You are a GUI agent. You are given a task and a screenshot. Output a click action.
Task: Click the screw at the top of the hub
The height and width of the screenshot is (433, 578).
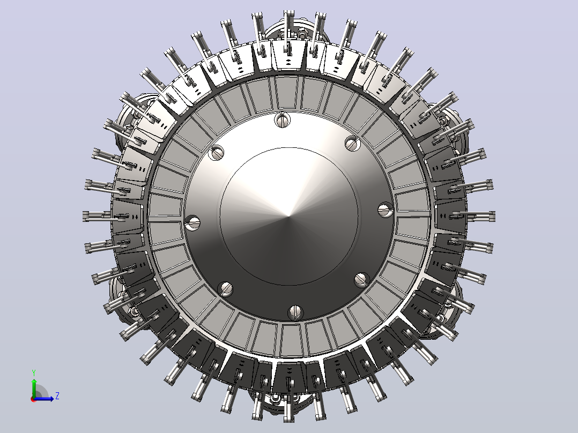coord(283,120)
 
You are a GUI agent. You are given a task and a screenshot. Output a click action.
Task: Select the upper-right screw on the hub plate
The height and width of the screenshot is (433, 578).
coord(352,143)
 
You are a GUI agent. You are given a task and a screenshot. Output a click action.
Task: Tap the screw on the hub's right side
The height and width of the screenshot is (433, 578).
coord(386,210)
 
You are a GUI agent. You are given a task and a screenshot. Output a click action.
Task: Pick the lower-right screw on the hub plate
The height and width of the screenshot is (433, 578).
coord(361,280)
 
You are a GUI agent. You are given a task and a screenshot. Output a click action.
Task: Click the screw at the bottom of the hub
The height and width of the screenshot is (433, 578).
coord(295,312)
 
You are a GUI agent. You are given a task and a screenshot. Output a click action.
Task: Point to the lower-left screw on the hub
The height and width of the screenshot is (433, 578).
coord(225,289)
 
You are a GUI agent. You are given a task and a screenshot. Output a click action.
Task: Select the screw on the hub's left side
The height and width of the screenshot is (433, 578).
coord(192,222)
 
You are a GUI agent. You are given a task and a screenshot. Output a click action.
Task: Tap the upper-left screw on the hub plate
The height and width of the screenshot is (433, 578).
coord(216,152)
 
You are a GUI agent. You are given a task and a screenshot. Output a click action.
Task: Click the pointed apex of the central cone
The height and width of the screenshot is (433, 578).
coord(288,216)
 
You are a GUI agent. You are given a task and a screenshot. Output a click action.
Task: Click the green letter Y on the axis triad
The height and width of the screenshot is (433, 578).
coord(34,373)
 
